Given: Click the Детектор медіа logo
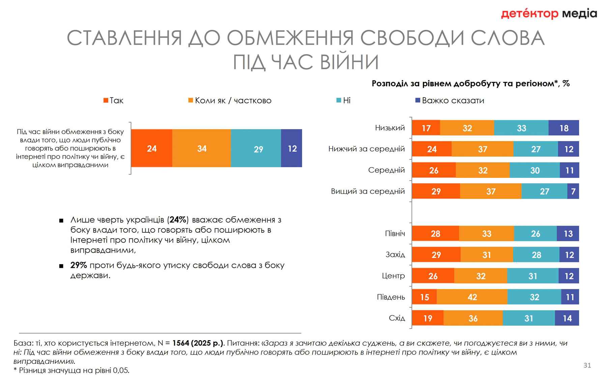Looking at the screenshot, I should pos(549,14).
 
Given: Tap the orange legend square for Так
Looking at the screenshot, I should pos(106,100).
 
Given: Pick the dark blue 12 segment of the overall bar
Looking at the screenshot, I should pos(292,148).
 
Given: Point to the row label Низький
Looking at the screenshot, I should pos(390,128).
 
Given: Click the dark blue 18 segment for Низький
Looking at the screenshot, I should pos(563,128).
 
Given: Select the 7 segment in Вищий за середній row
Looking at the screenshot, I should pos(573,191).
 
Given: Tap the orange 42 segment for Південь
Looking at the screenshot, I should pos(472,297).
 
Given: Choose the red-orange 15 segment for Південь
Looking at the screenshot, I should pos(424,297).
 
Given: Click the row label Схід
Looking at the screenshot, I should pos(397,318).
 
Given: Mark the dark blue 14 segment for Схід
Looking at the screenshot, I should pos(567,318).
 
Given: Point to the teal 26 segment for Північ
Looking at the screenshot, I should pos(535,234).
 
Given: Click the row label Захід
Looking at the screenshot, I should pos(395,255).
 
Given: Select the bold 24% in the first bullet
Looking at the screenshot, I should pos(178,220).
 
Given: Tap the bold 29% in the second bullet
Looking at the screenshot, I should pos(79,265).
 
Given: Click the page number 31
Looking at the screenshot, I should pos(587,365).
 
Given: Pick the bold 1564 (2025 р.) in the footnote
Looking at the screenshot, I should pos(198,343).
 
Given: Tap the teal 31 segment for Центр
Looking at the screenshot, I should pos(532,276).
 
